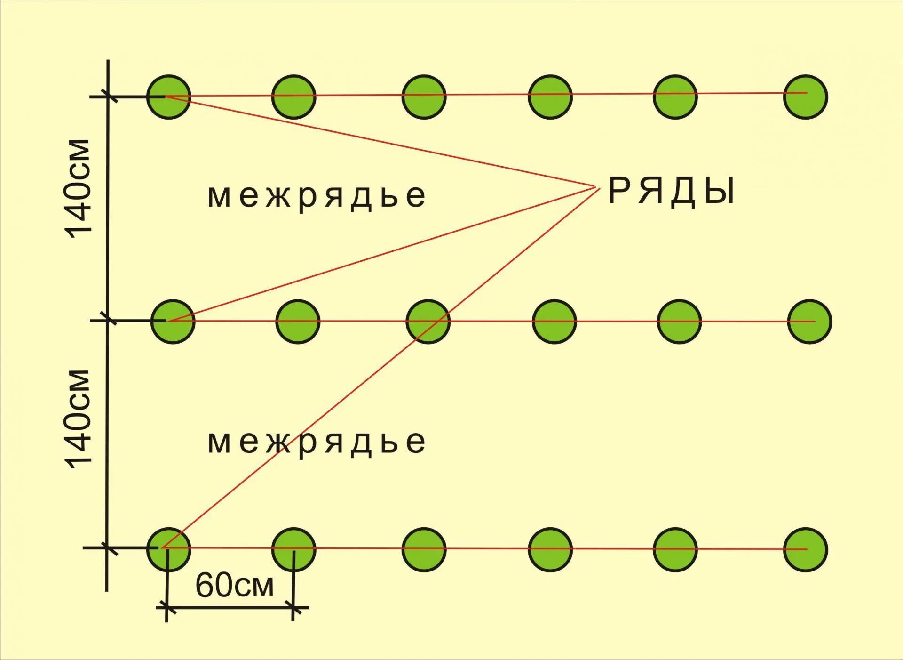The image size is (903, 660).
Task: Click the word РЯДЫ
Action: click(671, 192)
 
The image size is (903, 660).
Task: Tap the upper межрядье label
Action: click(317, 196)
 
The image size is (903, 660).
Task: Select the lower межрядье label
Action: click(317, 442)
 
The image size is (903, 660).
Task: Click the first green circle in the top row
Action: click(169, 97)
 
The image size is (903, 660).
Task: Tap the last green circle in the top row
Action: click(805, 97)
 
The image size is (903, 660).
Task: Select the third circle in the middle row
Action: click(428, 322)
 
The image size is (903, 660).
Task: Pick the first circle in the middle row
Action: click(173, 322)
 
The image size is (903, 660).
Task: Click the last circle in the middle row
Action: click(810, 322)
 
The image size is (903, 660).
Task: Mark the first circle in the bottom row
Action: click(169, 549)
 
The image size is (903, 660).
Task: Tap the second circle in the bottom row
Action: click(294, 549)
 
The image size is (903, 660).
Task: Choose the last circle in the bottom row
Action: click(805, 549)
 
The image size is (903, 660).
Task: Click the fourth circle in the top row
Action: click(550, 97)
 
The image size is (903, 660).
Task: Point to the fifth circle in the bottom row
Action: click(675, 549)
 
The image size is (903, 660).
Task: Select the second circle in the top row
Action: click(294, 97)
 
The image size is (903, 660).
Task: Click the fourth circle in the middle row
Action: click(554, 322)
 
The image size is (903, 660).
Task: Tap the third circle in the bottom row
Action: click(424, 549)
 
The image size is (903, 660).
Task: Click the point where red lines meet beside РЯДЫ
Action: click(596, 188)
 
